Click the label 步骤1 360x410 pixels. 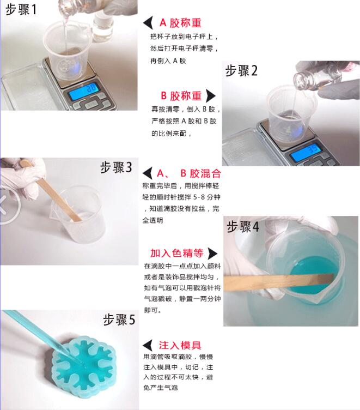(21, 9)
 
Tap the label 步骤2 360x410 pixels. (241, 70)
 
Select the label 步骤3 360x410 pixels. (116, 167)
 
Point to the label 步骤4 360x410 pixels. (243, 227)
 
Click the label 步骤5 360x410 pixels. (119, 319)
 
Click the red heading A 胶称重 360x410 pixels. (180, 23)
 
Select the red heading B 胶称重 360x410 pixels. (181, 96)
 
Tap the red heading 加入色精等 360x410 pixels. (177, 253)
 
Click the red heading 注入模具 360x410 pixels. (180, 345)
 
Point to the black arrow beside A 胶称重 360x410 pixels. (148, 23)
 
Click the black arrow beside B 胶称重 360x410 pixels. (211, 96)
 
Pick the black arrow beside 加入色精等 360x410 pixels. (212, 254)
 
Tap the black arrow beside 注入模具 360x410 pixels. (148, 346)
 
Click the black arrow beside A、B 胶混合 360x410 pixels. (148, 173)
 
